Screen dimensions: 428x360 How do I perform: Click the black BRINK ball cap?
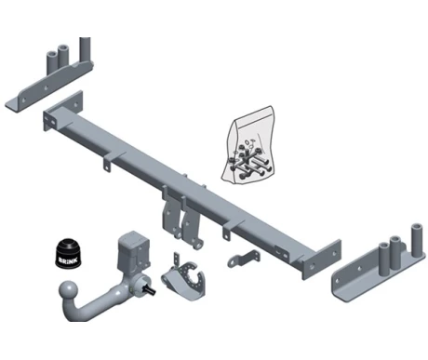[68, 253]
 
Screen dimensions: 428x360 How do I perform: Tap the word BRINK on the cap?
[68, 259]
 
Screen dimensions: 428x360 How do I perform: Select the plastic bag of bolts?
[247, 145]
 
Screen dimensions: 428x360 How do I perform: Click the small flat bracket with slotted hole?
[244, 259]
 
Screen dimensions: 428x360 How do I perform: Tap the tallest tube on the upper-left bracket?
[85, 49]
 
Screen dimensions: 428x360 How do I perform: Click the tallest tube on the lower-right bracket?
[417, 239]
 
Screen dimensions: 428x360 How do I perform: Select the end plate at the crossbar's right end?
[322, 259]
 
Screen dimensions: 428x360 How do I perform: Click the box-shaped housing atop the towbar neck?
[133, 249]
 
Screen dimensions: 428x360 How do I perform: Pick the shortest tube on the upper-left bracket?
[51, 63]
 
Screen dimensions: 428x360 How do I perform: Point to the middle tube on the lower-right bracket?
[395, 252]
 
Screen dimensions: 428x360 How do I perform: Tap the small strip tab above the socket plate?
[177, 259]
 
